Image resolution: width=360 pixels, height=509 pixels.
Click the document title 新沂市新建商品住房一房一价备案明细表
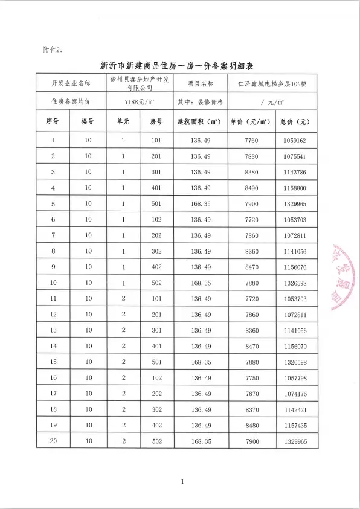pyautogui.click(x=179, y=64)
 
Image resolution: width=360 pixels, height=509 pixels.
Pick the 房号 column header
pyautogui.click(x=156, y=121)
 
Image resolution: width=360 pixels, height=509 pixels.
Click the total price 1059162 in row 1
pyautogui.click(x=295, y=141)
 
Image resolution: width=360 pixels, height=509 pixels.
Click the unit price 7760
pyautogui.click(x=251, y=141)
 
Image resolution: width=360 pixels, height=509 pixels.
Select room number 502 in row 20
pyautogui.click(x=156, y=441)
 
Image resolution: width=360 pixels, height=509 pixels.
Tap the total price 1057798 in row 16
pyautogui.click(x=295, y=378)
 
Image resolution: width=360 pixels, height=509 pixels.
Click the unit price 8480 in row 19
pyautogui.click(x=251, y=426)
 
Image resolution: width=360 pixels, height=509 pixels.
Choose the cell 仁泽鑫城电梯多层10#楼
pyautogui.click(x=272, y=83)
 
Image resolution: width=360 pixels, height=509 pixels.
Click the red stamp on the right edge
pyautogui.click(x=344, y=278)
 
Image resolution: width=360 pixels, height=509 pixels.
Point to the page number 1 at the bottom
pyautogui.click(x=181, y=481)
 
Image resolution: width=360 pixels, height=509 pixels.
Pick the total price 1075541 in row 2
pyautogui.click(x=295, y=156)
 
